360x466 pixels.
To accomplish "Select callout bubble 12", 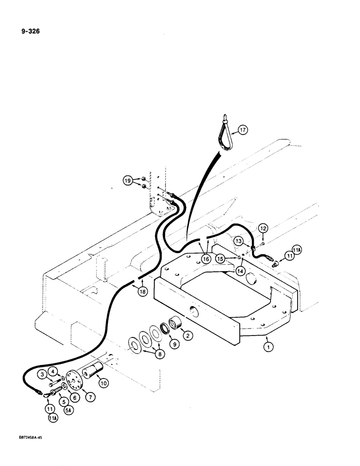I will coord(263,228).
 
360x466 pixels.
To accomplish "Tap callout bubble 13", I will coord(239,240).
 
